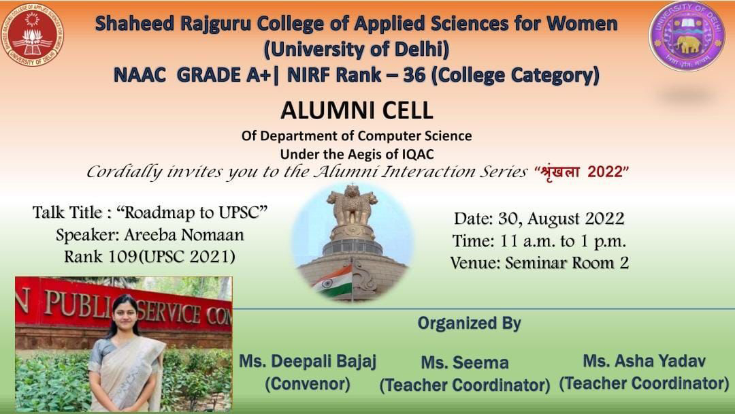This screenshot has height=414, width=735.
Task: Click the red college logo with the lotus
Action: pos(33,35)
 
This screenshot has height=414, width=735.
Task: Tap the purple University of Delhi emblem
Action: pos(687,36)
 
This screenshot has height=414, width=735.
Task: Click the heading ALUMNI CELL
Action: pos(357,111)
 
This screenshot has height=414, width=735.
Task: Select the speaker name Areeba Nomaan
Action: pos(184,234)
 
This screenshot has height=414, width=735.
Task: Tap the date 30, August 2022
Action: pos(561,219)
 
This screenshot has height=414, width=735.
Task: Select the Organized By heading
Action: pos(469,323)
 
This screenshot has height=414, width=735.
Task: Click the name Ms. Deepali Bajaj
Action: pos(308,362)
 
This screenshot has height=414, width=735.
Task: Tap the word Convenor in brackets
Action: pos(308,383)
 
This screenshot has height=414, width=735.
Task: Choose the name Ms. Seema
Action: pos(465,362)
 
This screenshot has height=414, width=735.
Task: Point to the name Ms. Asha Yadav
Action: pos(644,361)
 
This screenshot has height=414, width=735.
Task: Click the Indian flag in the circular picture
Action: pos(333,281)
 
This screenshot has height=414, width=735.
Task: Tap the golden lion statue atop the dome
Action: pos(352,204)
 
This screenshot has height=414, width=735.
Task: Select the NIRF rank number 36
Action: pos(414,75)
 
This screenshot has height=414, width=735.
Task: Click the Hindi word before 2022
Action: pos(559,172)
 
